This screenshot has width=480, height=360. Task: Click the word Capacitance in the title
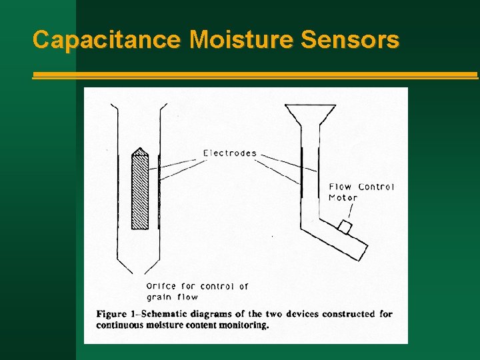[106, 40]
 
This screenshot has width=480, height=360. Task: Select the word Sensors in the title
[350, 40]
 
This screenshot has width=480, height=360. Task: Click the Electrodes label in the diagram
[230, 153]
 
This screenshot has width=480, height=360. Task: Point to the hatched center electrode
[140, 193]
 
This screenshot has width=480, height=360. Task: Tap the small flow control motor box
[344, 227]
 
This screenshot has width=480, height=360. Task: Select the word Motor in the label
[343, 197]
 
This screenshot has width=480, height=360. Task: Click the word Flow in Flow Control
[340, 187]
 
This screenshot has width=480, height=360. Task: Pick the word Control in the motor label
[377, 187]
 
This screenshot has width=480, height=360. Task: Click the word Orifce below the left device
[162, 287]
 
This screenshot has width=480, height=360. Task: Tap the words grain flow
[172, 297]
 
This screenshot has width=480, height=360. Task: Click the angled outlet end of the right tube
[361, 251]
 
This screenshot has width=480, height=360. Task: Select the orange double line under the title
[255, 76]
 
